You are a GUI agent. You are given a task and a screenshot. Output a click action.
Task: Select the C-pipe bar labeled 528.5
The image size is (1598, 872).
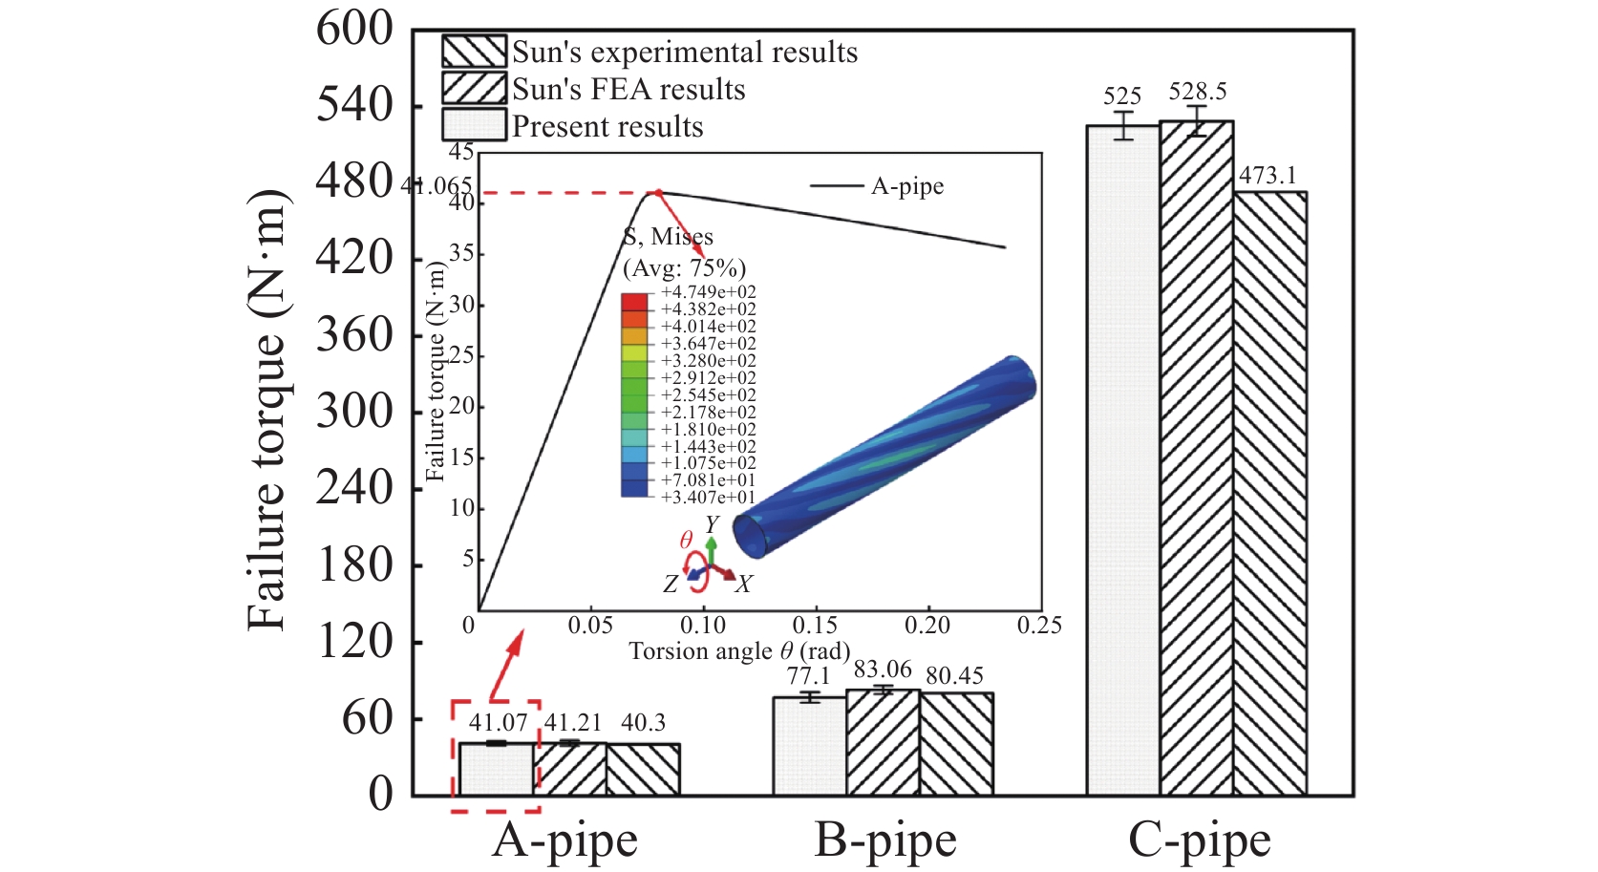pyautogui.click(x=1196, y=458)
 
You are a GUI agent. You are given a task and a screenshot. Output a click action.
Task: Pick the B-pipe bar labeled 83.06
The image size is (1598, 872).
pyautogui.click(x=883, y=742)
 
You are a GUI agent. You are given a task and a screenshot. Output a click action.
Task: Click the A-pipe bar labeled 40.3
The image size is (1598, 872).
pyautogui.click(x=643, y=769)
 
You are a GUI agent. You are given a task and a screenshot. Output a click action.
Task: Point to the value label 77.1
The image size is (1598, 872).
pyautogui.click(x=808, y=676)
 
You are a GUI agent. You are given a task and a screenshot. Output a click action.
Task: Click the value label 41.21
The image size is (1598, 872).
pyautogui.click(x=573, y=723)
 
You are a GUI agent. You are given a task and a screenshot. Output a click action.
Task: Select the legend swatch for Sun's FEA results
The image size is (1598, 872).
pyautogui.click(x=474, y=88)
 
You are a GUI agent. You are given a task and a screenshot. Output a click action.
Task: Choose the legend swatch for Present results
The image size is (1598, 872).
pyautogui.click(x=474, y=125)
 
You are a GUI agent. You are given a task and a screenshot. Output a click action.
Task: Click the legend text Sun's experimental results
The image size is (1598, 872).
pyautogui.click(x=685, y=52)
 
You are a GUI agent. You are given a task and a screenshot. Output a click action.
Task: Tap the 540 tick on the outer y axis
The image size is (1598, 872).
pyautogui.click(x=354, y=105)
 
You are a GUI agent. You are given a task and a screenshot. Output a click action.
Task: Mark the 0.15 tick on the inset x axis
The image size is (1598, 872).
pyautogui.click(x=815, y=626)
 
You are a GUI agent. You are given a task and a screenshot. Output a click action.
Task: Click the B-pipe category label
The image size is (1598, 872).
pyautogui.click(x=884, y=840)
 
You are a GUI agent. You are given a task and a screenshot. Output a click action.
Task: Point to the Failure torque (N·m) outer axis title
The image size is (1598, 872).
pyautogui.click(x=266, y=411)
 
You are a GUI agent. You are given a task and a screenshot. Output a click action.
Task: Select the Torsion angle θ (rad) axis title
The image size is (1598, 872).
pyautogui.click(x=739, y=651)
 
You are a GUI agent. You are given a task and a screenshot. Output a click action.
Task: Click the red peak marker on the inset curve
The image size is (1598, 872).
pyautogui.click(x=657, y=193)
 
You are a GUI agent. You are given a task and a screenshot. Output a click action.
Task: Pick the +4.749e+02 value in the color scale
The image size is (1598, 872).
pyautogui.click(x=708, y=292)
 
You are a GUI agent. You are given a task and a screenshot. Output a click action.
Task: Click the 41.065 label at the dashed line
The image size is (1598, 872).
pyautogui.click(x=437, y=185)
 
